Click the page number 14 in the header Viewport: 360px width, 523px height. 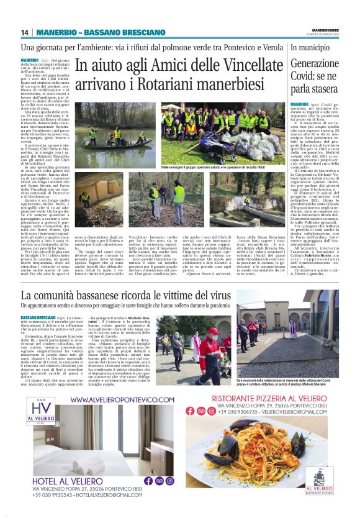pyautogui.click(x=25, y=32)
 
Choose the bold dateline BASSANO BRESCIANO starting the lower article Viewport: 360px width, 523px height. pyautogui.click(x=38, y=317)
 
